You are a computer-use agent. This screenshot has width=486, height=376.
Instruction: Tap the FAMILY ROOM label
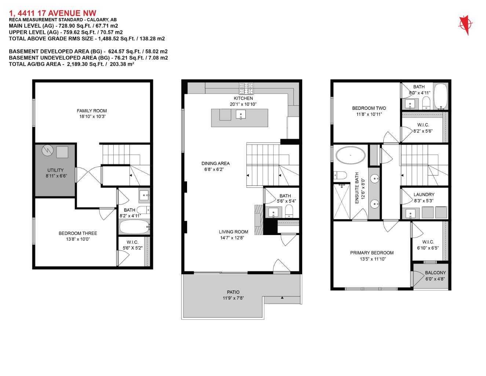tap(92, 111)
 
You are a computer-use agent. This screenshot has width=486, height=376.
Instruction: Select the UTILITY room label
tap(55, 170)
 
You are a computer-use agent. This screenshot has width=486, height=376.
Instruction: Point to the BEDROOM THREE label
tap(78, 233)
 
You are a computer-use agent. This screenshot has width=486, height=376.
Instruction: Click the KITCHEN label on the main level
tap(243, 98)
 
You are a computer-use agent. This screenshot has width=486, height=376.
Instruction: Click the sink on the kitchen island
tap(241, 115)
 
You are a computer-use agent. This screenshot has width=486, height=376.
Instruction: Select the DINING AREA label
tap(215, 163)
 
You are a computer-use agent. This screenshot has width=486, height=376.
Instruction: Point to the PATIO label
tap(233, 292)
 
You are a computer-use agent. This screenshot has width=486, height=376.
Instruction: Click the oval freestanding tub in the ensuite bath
tap(351, 155)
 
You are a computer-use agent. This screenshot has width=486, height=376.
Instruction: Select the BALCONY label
tap(435, 273)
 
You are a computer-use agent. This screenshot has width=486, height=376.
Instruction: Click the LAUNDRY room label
tap(424, 195)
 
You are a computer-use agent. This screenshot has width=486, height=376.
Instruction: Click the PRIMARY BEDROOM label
tap(372, 253)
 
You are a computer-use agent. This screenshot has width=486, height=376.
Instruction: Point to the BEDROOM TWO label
tap(369, 108)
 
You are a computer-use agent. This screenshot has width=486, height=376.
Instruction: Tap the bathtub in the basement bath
tap(134, 227)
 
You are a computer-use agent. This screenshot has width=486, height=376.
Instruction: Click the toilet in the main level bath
tap(289, 211)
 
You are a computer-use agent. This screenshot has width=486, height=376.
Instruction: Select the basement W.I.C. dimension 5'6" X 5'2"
tap(132, 248)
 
